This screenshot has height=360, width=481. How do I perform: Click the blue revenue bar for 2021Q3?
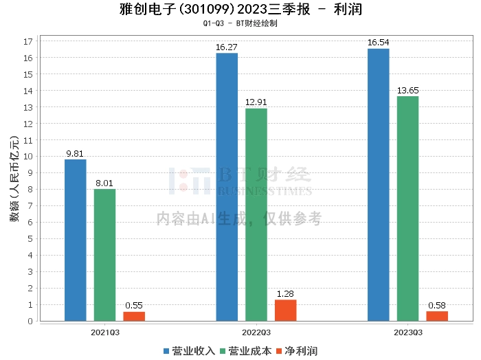(76, 240)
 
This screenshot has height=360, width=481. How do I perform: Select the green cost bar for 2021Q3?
(104, 255)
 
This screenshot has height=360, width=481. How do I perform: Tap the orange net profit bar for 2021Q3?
(134, 316)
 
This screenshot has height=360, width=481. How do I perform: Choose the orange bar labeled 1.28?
(286, 311)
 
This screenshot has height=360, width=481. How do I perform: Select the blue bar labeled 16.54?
(379, 185)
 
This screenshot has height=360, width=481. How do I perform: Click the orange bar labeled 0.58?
(437, 316)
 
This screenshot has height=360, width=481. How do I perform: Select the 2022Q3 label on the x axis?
(256, 332)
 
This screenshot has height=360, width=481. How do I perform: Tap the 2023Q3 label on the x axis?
(407, 332)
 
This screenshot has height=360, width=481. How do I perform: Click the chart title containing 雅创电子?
(240, 10)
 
